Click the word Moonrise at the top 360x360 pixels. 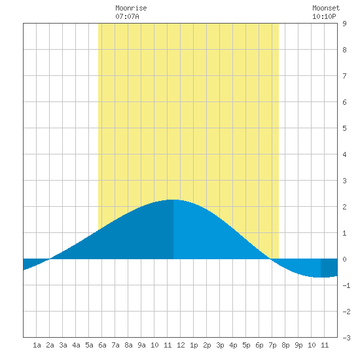131,8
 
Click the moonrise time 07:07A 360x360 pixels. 127,16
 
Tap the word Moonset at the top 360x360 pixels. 326,8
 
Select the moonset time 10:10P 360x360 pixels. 324,16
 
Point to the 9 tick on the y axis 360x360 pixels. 344,24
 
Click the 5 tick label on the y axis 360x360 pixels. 344,128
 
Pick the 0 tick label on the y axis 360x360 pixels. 344,259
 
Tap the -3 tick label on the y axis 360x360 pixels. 346,338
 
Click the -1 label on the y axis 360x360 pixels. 346,285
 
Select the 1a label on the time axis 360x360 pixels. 37,345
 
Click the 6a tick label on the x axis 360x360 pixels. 102,345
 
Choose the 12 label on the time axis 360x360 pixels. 181,345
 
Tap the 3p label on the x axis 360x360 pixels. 220,345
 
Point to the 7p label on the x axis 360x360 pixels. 272,345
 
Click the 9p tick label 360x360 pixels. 298,345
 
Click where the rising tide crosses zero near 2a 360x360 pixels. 49,259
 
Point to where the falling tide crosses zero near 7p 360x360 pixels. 271,259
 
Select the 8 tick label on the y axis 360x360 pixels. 344,50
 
